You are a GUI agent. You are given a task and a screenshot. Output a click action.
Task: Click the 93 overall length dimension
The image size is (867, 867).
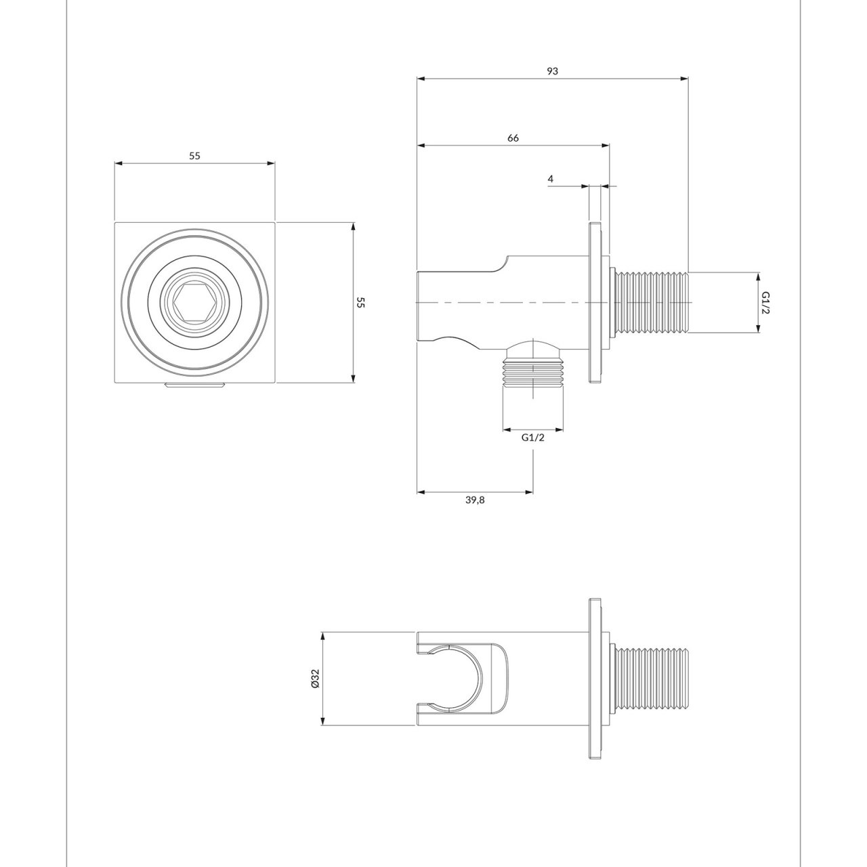coord(553,70)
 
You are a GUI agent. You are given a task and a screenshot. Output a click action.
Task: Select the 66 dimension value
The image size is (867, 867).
coord(513,138)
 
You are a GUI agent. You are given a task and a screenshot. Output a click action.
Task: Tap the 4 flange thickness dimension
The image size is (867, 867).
coord(551,179)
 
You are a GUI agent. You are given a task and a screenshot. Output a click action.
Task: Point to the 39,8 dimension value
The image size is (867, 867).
coord(475,500)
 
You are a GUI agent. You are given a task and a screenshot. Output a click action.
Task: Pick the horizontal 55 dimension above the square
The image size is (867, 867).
coord(194,156)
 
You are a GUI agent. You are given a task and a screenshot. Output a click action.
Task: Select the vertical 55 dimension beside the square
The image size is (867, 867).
coord(361,302)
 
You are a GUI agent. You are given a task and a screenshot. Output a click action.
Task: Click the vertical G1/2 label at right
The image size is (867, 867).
coord(766,302)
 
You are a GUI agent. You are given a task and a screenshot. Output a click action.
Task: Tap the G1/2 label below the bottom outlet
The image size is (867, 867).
coord(533,438)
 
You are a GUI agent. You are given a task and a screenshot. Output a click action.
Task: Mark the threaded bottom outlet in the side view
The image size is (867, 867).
coord(533,383)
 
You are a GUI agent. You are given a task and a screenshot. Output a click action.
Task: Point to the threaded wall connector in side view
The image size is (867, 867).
coord(650,302)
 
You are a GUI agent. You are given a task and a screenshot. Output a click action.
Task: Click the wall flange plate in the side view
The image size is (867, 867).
coord(595,302)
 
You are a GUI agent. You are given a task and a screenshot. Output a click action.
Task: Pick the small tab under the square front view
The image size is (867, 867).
coord(194,386)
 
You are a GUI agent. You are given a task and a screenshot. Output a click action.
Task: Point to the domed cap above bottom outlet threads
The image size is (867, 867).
coord(533,351)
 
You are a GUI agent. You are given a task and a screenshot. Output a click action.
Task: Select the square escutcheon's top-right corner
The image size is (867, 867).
coord(274,223)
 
